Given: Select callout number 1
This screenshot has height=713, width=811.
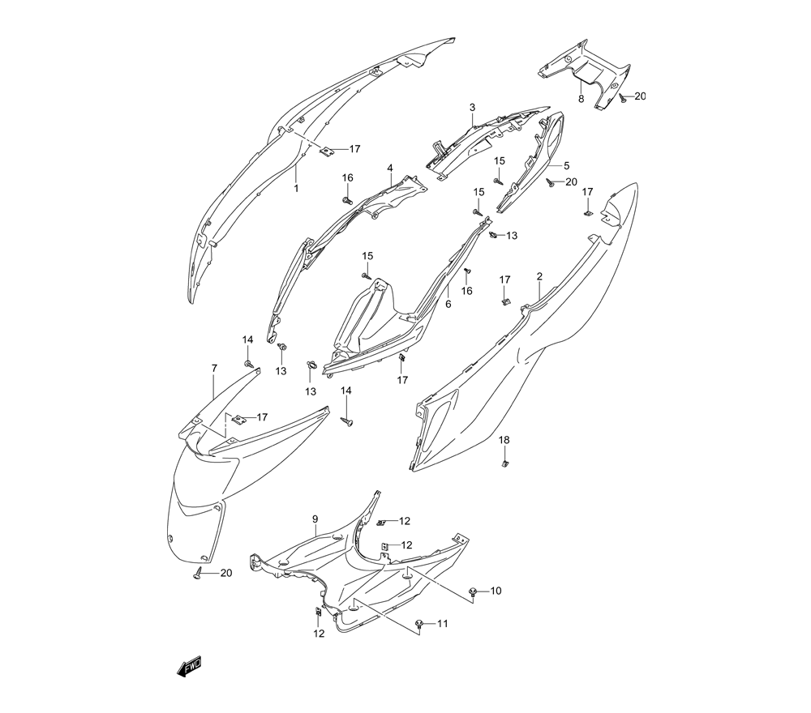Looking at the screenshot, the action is [x=296, y=189].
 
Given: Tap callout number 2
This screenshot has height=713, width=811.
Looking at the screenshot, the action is [x=539, y=276].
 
